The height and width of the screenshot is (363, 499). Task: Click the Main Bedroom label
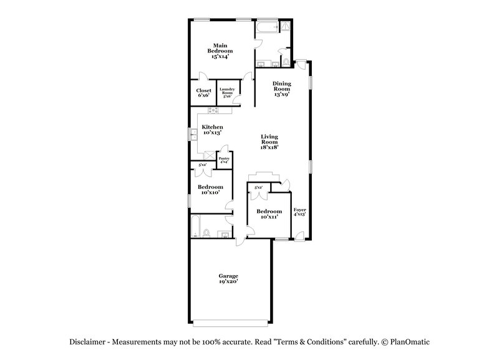pos(220,49)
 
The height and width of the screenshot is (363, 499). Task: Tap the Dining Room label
pos(282,89)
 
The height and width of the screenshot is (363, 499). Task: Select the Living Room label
pos(269,142)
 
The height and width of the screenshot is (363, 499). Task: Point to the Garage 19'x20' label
pos(228,278)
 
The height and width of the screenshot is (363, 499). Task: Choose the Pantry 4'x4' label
pos(223,160)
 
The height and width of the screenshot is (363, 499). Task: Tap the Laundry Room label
pos(226,93)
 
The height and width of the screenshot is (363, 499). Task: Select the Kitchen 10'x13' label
pos(211,130)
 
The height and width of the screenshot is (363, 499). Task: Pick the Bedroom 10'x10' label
pos(210,190)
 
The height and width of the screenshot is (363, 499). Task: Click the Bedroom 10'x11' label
pos(269,214)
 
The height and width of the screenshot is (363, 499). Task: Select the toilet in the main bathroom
pos(286,62)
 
